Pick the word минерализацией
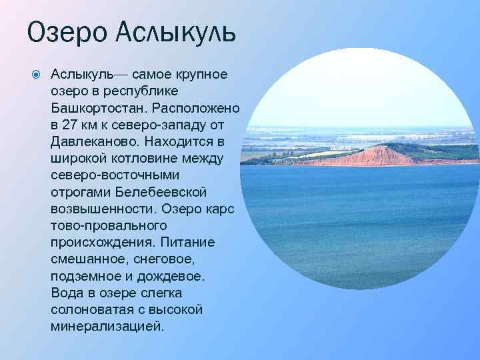[x=106, y=327]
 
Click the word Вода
[x=66, y=293]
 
